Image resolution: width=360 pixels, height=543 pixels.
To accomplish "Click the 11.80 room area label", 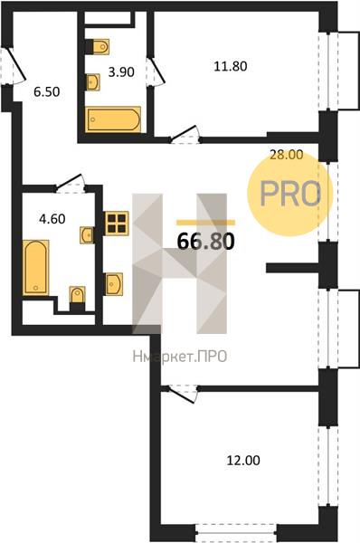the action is pos(230,66).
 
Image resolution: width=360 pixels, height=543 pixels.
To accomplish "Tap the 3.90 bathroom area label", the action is pos(121,72).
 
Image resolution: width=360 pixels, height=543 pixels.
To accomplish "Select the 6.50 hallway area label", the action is pos(47,91).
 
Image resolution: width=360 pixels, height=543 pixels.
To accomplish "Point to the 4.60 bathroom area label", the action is pos(52,219).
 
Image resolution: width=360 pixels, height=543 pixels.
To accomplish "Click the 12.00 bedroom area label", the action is pos(243,461).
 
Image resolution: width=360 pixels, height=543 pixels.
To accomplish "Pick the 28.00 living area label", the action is pos(286,155).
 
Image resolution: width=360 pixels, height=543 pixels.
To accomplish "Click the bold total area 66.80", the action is pos(206,242).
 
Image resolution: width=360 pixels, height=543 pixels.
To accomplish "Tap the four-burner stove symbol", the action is pos(117,224).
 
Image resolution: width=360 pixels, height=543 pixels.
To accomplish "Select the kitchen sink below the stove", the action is pos(114,283).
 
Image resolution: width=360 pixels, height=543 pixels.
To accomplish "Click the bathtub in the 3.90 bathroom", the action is pos(114,119).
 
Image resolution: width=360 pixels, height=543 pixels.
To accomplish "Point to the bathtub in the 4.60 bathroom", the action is pos(35,267).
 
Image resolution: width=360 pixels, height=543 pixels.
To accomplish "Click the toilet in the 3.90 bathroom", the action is pos(98,46).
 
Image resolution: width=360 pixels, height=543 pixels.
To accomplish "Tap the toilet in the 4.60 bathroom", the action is pos(77,298).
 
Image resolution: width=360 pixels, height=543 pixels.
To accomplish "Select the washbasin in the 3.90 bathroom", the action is pos(93,82).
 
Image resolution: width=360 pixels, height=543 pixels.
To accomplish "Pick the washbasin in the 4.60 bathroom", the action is pos(87,235).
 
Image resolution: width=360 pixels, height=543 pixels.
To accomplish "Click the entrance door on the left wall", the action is pos(14,66).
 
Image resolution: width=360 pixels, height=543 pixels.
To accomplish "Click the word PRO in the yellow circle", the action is pos(290,194).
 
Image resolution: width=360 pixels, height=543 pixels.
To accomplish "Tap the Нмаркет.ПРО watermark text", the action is pos(180,356).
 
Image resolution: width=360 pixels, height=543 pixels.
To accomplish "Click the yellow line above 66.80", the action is pos(205,223).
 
